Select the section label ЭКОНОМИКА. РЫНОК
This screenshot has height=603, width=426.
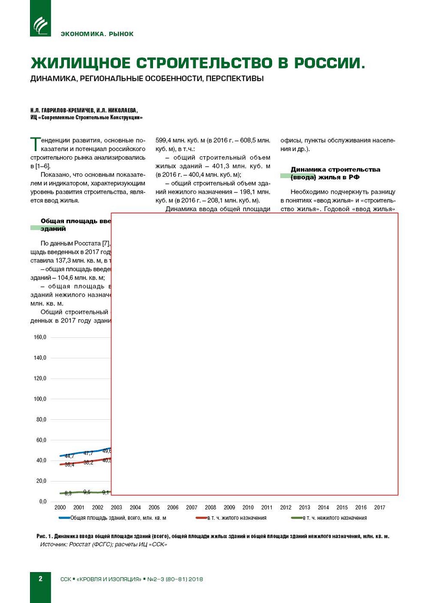click(x=97, y=34)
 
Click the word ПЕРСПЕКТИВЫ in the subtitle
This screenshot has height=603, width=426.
click(x=235, y=79)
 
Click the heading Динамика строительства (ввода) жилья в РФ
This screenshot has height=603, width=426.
click(x=335, y=173)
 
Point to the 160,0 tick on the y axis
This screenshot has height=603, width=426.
click(x=40, y=337)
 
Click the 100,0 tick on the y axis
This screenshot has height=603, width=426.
click(x=40, y=399)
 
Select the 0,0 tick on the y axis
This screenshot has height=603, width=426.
click(x=43, y=502)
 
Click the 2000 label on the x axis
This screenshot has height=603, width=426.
click(x=60, y=508)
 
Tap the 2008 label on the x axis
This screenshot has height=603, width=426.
click(x=210, y=508)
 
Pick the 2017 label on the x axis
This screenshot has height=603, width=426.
click(x=379, y=508)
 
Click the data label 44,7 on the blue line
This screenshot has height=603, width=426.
click(x=70, y=456)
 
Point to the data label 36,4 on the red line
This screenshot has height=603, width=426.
click(x=70, y=465)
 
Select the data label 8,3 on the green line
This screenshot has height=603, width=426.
click(x=68, y=494)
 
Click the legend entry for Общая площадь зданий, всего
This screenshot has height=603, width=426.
click(x=113, y=518)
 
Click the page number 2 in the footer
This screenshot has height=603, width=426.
click(x=40, y=579)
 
